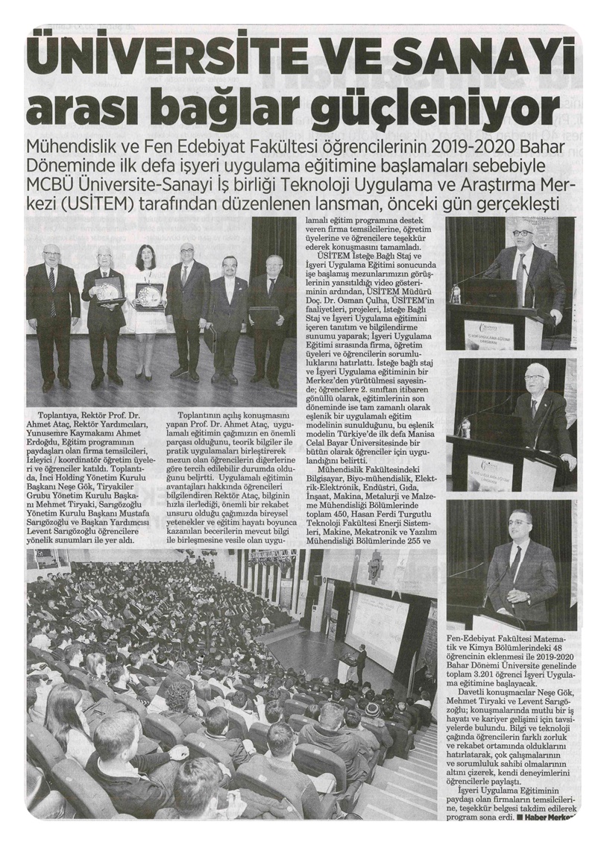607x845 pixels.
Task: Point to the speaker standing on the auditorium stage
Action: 362,663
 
